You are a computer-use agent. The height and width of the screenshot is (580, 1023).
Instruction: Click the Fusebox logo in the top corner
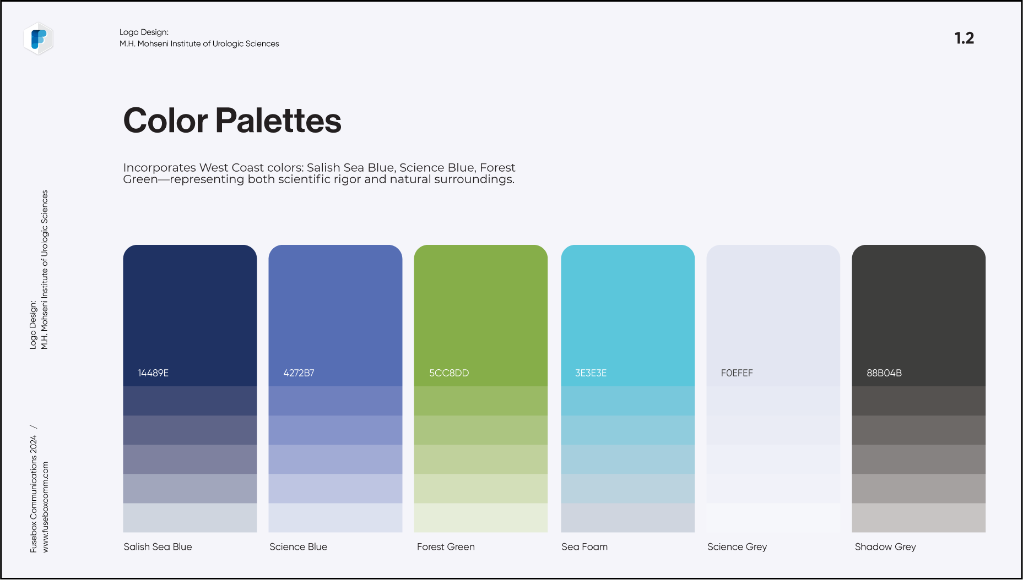(39, 39)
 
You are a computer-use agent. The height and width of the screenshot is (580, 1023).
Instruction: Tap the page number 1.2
(964, 38)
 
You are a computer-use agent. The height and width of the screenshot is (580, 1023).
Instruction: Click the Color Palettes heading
(232, 121)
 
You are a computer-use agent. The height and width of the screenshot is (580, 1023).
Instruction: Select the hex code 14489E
(153, 373)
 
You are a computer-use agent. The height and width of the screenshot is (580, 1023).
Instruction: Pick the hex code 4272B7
(299, 373)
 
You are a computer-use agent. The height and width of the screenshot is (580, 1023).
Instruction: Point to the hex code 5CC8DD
(449, 373)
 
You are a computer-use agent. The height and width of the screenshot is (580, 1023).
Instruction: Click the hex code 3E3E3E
(591, 373)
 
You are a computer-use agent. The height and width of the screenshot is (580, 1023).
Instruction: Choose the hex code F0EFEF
(737, 373)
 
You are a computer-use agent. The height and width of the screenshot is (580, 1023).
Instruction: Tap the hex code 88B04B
(884, 373)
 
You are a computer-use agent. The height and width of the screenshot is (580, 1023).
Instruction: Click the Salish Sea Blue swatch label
(158, 546)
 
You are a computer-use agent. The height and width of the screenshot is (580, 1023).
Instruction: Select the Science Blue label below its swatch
(298, 546)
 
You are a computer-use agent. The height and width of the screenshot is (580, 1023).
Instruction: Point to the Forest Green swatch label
(446, 546)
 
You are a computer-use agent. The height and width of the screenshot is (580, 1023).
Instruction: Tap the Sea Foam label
(584, 546)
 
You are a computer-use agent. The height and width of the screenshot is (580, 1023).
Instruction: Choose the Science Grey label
(737, 547)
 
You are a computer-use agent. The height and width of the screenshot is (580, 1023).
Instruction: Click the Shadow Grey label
(885, 547)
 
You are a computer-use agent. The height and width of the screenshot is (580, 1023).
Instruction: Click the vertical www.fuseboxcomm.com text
(45, 507)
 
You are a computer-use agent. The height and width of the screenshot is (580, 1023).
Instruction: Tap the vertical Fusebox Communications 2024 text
(33, 494)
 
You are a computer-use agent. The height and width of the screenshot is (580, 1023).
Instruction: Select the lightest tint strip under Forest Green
(481, 518)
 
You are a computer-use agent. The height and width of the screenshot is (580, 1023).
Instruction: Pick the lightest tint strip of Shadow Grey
(918, 518)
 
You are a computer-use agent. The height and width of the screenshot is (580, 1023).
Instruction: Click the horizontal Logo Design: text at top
(144, 32)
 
